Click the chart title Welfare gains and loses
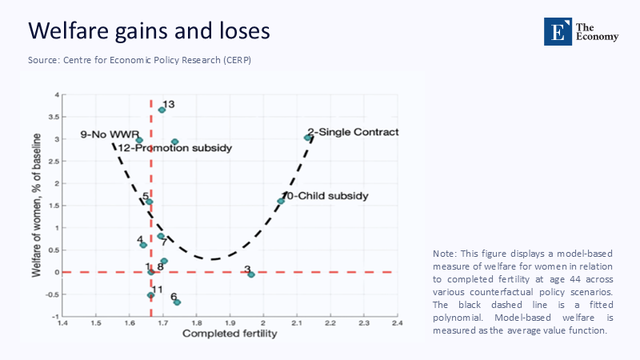[x=149, y=31]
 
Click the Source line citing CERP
[x=140, y=61]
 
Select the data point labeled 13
[x=162, y=110]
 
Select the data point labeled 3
[x=251, y=274]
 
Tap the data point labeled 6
[x=177, y=302]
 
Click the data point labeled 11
[x=150, y=295]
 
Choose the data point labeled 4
[x=143, y=245]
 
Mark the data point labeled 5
[x=149, y=202]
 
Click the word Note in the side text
[x=446, y=254]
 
